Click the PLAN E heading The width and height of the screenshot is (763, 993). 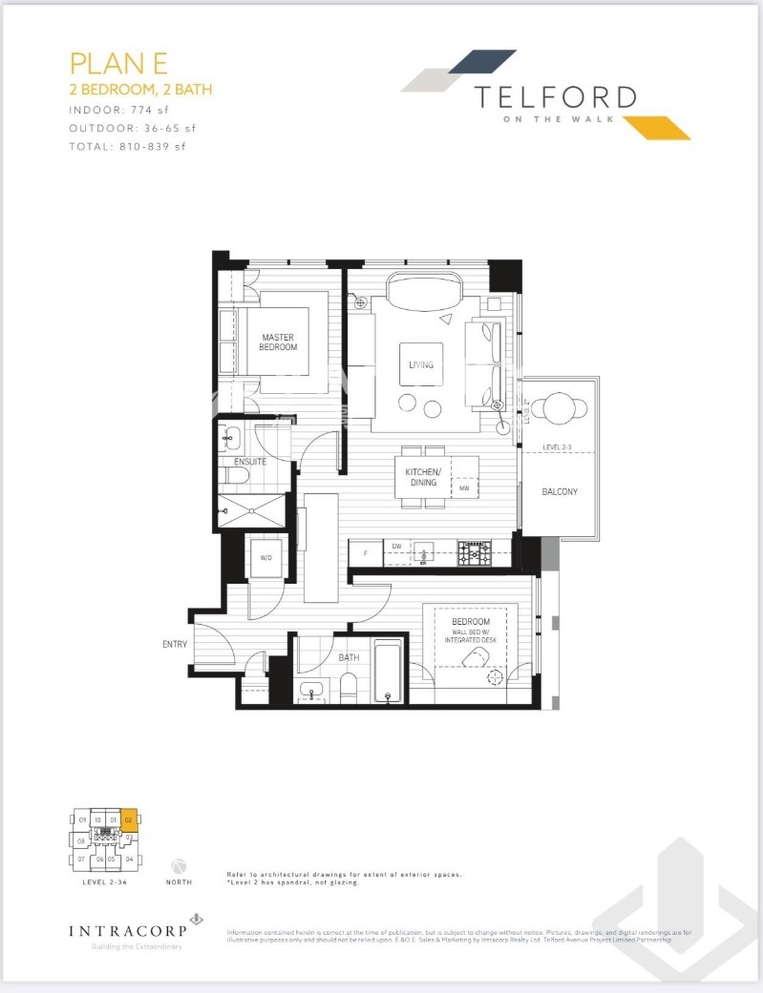click(118, 63)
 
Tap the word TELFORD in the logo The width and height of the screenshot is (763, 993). click(555, 96)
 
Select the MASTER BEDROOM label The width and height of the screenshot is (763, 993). click(278, 342)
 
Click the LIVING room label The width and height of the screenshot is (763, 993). click(421, 365)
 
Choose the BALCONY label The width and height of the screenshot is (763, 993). click(559, 492)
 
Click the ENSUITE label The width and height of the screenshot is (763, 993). click(250, 462)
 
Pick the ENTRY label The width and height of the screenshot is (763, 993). click(175, 645)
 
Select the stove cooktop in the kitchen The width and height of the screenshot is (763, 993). click(474, 553)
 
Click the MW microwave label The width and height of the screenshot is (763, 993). click(464, 488)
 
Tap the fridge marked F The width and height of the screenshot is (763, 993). click(364, 552)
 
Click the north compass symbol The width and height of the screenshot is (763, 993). click(178, 865)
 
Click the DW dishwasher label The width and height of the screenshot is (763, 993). click(396, 547)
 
